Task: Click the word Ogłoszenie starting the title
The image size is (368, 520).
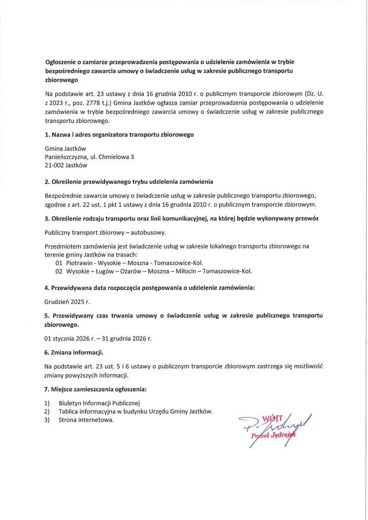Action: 61,62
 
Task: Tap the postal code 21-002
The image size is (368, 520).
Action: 55,165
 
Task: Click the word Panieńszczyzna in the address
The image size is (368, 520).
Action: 66,157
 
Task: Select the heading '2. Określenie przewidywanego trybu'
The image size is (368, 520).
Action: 129,182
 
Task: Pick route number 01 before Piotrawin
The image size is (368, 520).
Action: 58,263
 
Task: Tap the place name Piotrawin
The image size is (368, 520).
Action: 79,263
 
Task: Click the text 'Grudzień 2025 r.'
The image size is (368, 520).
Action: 67,302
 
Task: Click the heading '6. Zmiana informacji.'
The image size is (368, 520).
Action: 74,353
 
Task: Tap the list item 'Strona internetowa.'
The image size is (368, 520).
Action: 86,419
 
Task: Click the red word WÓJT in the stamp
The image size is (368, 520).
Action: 270,418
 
